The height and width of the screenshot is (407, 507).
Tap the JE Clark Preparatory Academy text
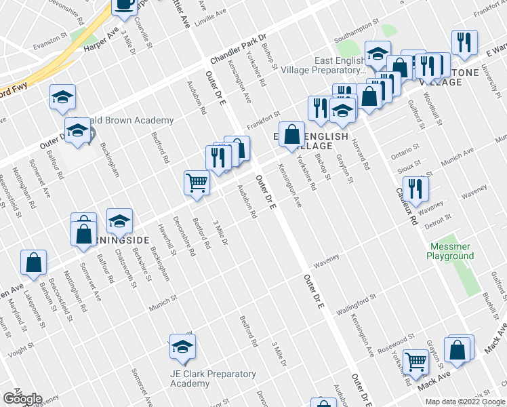pyautogui.click(x=204, y=379)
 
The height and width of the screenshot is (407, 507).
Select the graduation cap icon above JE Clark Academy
pyautogui.click(x=182, y=347)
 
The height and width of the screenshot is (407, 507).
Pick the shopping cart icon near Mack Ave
pyautogui.click(x=415, y=361)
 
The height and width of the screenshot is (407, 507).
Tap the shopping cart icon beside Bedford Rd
pyautogui.click(x=197, y=182)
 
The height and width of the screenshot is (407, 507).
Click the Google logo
pyautogui.click(x=22, y=399)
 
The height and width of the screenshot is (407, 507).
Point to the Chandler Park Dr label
pyautogui.click(x=239, y=50)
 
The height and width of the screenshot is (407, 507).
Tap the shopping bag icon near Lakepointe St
pyautogui.click(x=34, y=263)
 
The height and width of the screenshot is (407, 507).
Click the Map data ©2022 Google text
pyautogui.click(x=466, y=402)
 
